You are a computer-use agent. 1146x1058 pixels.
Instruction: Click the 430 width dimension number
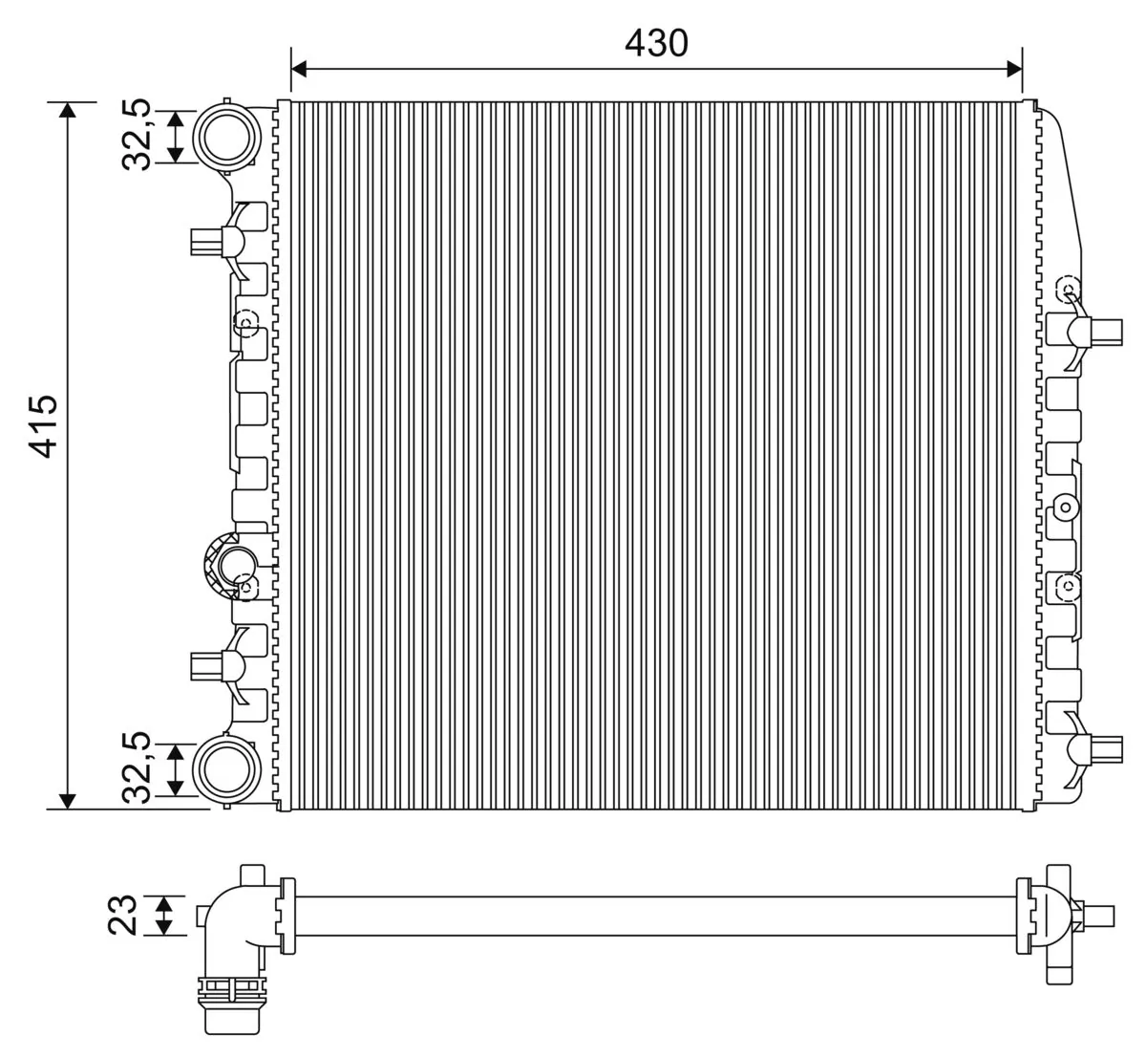[x=656, y=42]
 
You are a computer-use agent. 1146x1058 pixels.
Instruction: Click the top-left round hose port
[x=226, y=135]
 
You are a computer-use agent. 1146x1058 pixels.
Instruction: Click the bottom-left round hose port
[x=226, y=767]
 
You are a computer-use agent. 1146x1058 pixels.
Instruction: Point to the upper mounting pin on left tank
[x=206, y=242]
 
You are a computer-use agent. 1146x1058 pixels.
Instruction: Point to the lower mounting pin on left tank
[x=206, y=664]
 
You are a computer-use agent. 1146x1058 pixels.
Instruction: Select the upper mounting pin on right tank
[x=1108, y=332]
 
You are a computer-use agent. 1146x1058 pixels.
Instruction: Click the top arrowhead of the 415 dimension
[x=67, y=110]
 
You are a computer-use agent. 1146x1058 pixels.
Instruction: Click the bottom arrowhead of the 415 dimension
[x=67, y=800]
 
